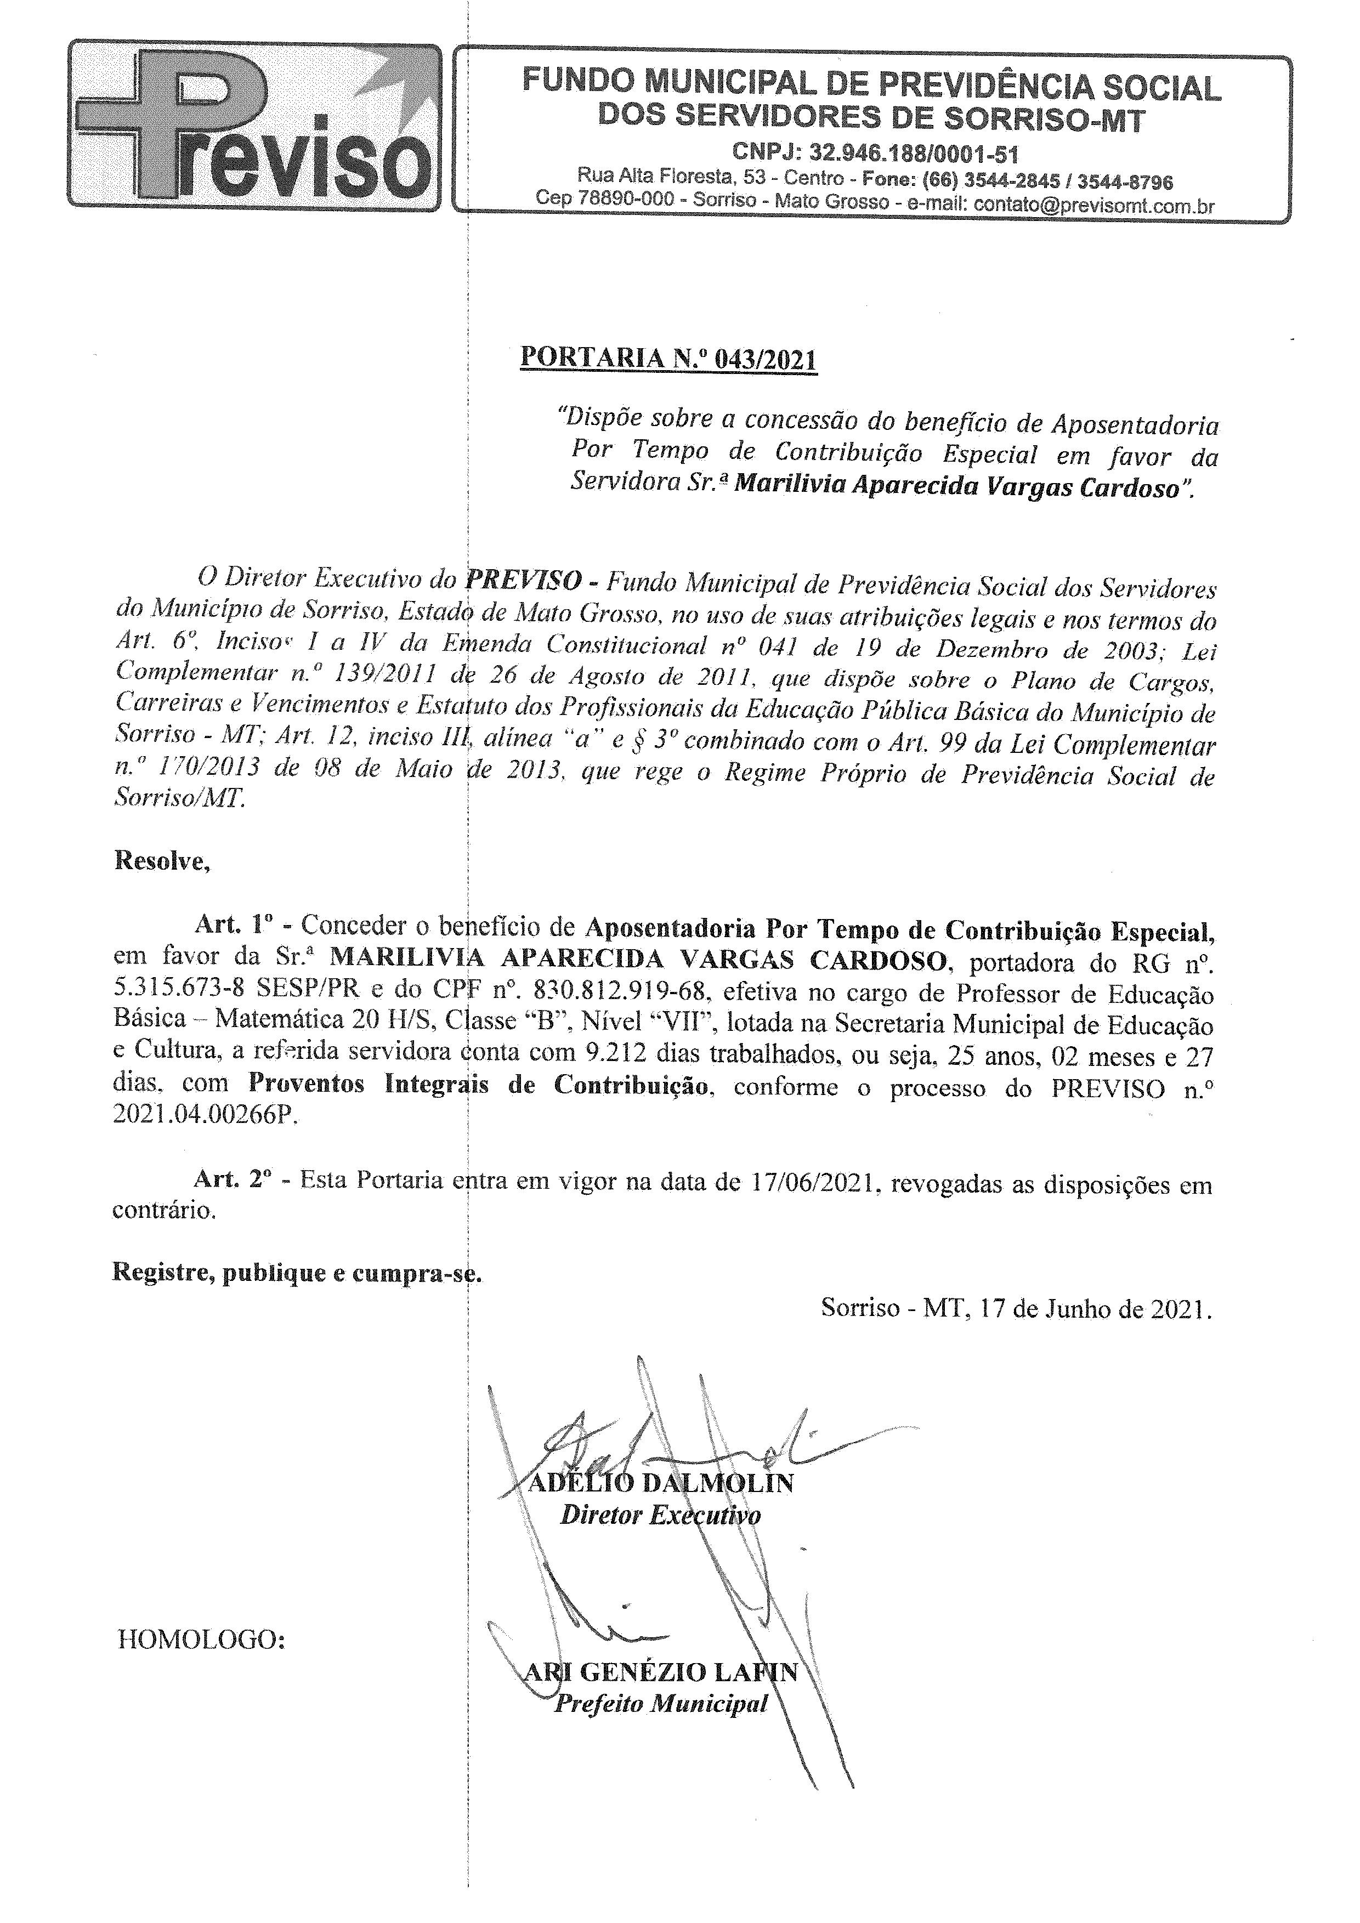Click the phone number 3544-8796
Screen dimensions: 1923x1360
point(1125,181)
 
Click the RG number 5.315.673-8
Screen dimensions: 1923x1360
point(180,989)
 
